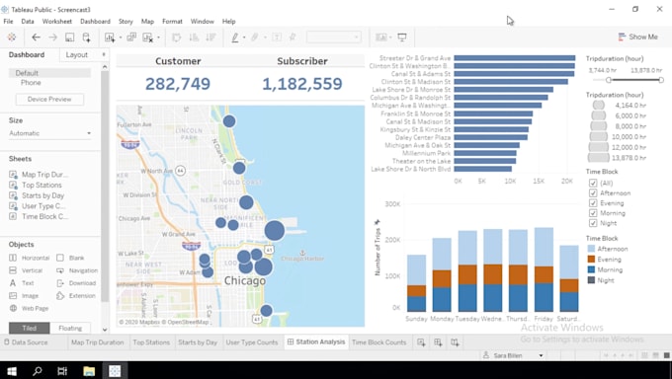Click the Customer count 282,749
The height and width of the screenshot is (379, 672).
(x=178, y=84)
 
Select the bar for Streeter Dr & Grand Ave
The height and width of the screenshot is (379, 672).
(x=514, y=58)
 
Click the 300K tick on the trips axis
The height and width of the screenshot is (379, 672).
(x=391, y=205)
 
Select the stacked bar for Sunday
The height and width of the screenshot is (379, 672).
(x=417, y=283)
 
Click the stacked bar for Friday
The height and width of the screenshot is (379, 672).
(x=544, y=270)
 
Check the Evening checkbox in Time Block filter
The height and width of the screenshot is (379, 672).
(x=593, y=203)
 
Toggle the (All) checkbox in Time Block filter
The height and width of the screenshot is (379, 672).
(x=593, y=183)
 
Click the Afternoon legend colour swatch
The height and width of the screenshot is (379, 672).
(x=591, y=249)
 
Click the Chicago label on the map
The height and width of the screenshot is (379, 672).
(x=244, y=281)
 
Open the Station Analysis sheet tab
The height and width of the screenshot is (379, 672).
(x=314, y=342)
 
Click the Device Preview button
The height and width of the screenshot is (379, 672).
(x=49, y=100)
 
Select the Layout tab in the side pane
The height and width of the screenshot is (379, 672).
(x=76, y=55)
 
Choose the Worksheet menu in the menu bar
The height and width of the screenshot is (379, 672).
(x=56, y=21)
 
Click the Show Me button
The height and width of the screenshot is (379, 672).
(x=637, y=38)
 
